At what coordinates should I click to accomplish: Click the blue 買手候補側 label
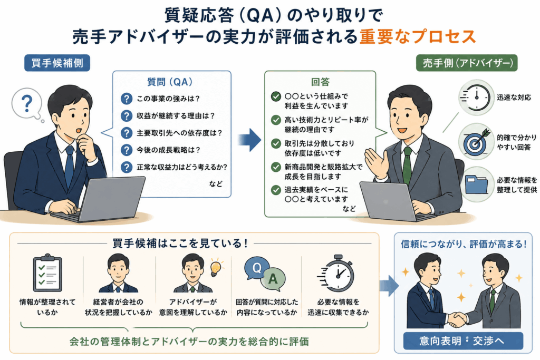tap(57, 63)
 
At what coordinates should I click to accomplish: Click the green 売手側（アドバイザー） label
tap(467, 63)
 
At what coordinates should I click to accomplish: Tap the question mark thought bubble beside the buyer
tap(27, 103)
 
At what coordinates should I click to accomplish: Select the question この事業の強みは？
tap(168, 99)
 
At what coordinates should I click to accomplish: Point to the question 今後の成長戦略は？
tap(168, 150)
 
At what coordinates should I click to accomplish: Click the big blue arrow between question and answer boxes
tap(249, 140)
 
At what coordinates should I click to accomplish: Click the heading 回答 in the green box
tap(320, 82)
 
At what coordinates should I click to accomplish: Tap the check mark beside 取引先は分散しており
tap(276, 143)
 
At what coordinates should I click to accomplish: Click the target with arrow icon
tap(476, 141)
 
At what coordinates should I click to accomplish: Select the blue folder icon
tap(476, 184)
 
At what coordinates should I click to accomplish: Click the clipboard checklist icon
tap(47, 273)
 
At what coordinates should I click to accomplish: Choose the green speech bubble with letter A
tap(273, 279)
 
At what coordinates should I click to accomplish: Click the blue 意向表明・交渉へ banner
tap(463, 340)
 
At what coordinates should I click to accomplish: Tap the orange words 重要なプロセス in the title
tap(418, 36)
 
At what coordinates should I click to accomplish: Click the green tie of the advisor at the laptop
tap(407, 165)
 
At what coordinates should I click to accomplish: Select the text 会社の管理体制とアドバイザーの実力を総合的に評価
tap(189, 342)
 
